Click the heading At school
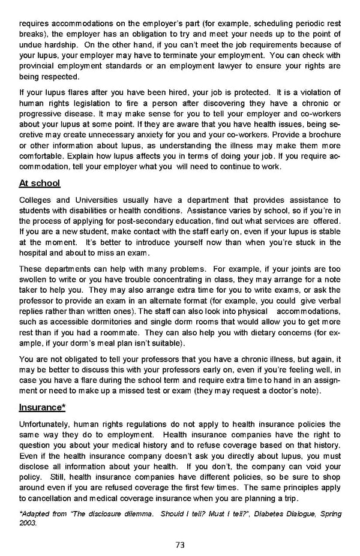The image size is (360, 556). (x=40, y=183)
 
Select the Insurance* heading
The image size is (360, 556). (x=42, y=407)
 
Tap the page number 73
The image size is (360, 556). (x=179, y=545)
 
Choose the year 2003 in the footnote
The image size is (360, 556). (x=29, y=522)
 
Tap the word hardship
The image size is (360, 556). (x=64, y=45)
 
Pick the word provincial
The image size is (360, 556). (x=40, y=65)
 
